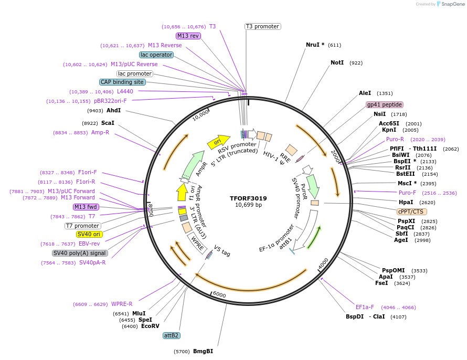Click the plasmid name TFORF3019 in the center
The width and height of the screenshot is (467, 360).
[248, 198]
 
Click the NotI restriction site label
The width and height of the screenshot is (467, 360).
[337, 62]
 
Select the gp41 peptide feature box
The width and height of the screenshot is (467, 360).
[384, 104]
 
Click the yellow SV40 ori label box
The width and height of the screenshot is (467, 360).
[90, 235]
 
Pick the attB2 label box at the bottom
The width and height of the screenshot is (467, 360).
[172, 335]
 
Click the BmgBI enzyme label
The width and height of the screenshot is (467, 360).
[203, 351]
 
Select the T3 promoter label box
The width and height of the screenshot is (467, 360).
[262, 26]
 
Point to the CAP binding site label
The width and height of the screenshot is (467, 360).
[122, 82]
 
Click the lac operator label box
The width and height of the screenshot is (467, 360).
[156, 55]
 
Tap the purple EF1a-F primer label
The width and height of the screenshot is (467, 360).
[365, 307]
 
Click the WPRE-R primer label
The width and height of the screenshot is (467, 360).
[122, 304]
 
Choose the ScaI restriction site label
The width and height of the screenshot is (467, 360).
[108, 123]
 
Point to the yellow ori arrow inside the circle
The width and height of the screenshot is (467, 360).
[218, 142]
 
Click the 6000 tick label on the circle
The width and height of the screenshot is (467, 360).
[219, 295]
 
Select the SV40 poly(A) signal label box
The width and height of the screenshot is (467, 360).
[80, 253]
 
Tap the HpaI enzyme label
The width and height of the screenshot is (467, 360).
[406, 202]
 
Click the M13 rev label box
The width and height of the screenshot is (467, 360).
[188, 36]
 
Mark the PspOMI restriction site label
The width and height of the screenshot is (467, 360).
[393, 270]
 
